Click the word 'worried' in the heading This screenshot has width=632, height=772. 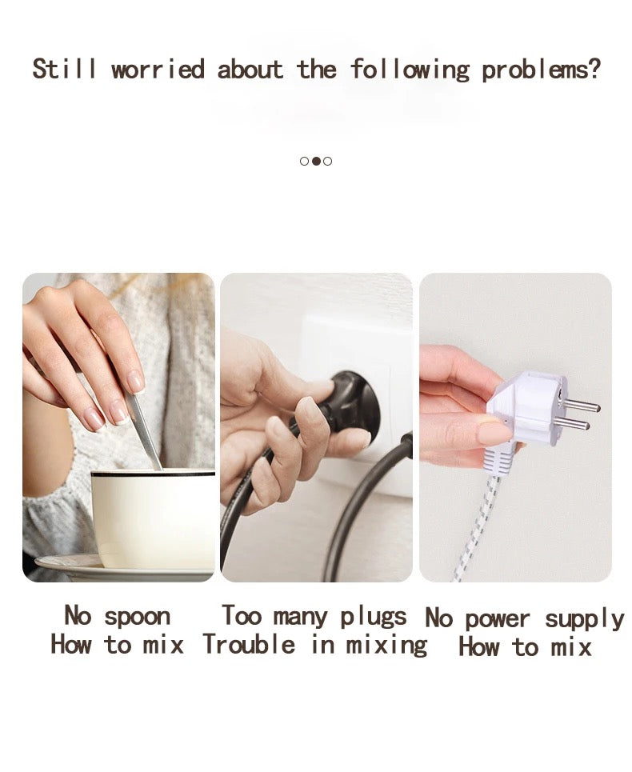tap(158, 69)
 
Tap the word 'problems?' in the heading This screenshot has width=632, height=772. tap(542, 70)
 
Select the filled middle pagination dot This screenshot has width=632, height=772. tap(317, 161)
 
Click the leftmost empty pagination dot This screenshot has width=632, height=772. tap(304, 161)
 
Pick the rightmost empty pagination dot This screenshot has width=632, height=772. tap(328, 161)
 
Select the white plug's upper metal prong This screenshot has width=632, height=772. tap(581, 406)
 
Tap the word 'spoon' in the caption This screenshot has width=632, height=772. tap(138, 617)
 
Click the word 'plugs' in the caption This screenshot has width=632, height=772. tap(374, 617)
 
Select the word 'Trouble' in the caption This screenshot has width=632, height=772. tap(249, 644)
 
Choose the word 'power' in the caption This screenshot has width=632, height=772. tap(497, 619)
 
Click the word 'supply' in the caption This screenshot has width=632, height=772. tap(584, 620)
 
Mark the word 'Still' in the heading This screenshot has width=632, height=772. tap(64, 69)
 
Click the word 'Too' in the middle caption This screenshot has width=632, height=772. tap(241, 615)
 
